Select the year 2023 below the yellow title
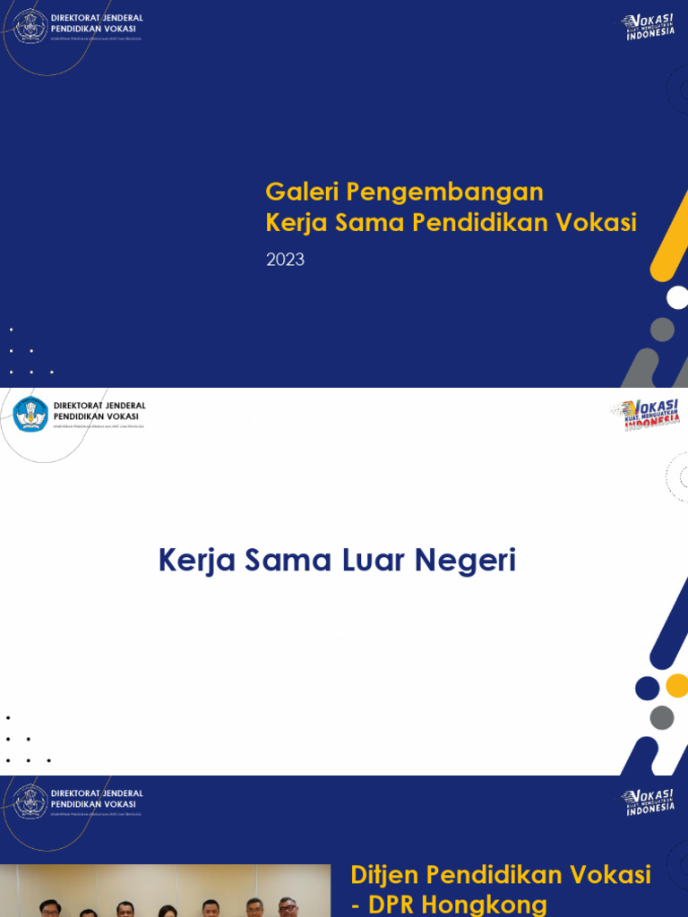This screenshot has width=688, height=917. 285,260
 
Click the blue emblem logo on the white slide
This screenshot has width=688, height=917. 30,414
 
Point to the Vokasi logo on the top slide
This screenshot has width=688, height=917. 649,27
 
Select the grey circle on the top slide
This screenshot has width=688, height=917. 662,330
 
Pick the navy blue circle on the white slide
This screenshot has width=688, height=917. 647,688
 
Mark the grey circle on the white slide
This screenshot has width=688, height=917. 661,717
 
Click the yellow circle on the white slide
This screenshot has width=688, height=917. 677,686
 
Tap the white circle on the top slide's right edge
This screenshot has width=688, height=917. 678,297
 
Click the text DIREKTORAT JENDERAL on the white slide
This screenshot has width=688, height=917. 99,406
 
